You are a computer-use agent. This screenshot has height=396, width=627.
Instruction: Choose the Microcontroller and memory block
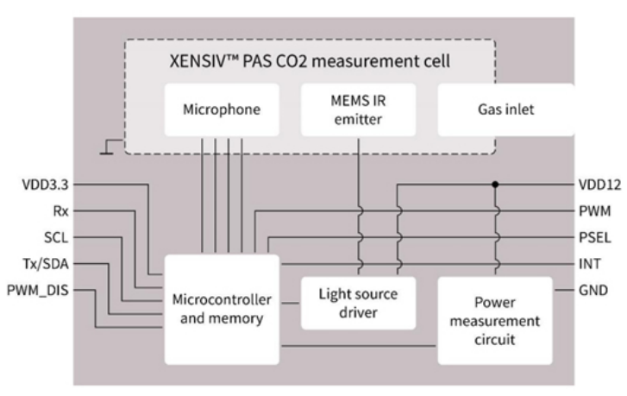point(223,309)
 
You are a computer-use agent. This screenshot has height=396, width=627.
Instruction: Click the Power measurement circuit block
point(495,321)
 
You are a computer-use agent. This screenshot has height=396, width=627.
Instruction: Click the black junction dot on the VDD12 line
point(495,185)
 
